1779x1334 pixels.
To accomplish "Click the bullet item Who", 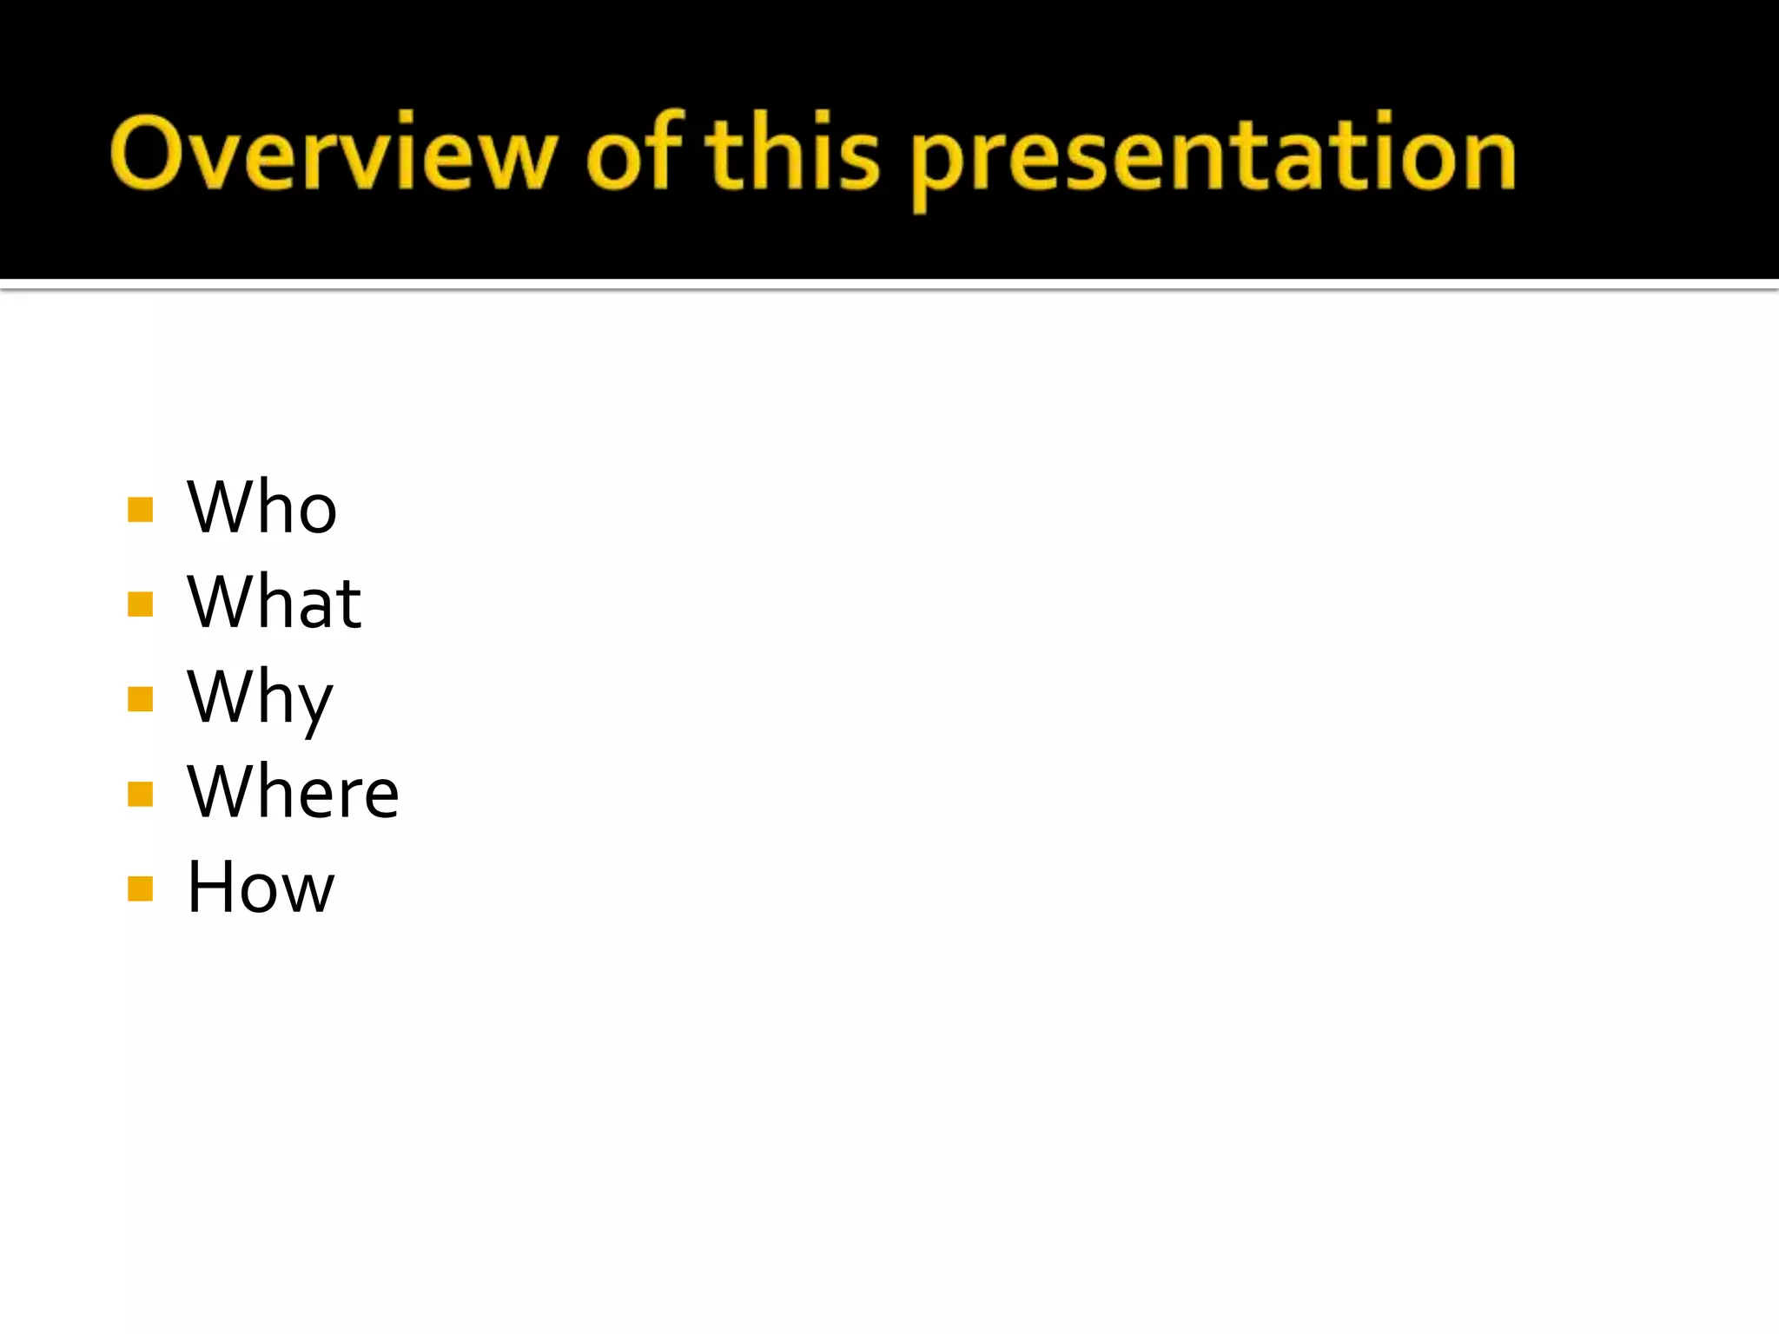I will (x=261, y=507).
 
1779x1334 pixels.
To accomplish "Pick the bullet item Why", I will (x=260, y=698).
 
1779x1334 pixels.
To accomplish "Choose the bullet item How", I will (x=261, y=887).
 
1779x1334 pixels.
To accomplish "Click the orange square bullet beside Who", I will (x=140, y=509).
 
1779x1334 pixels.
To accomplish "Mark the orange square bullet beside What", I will (x=140, y=604).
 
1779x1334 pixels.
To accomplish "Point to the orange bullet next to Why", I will (x=140, y=699).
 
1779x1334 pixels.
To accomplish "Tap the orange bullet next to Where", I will (x=140, y=794).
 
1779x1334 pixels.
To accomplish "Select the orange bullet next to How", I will (x=140, y=888).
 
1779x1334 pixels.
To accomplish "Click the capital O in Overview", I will (x=147, y=153).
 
